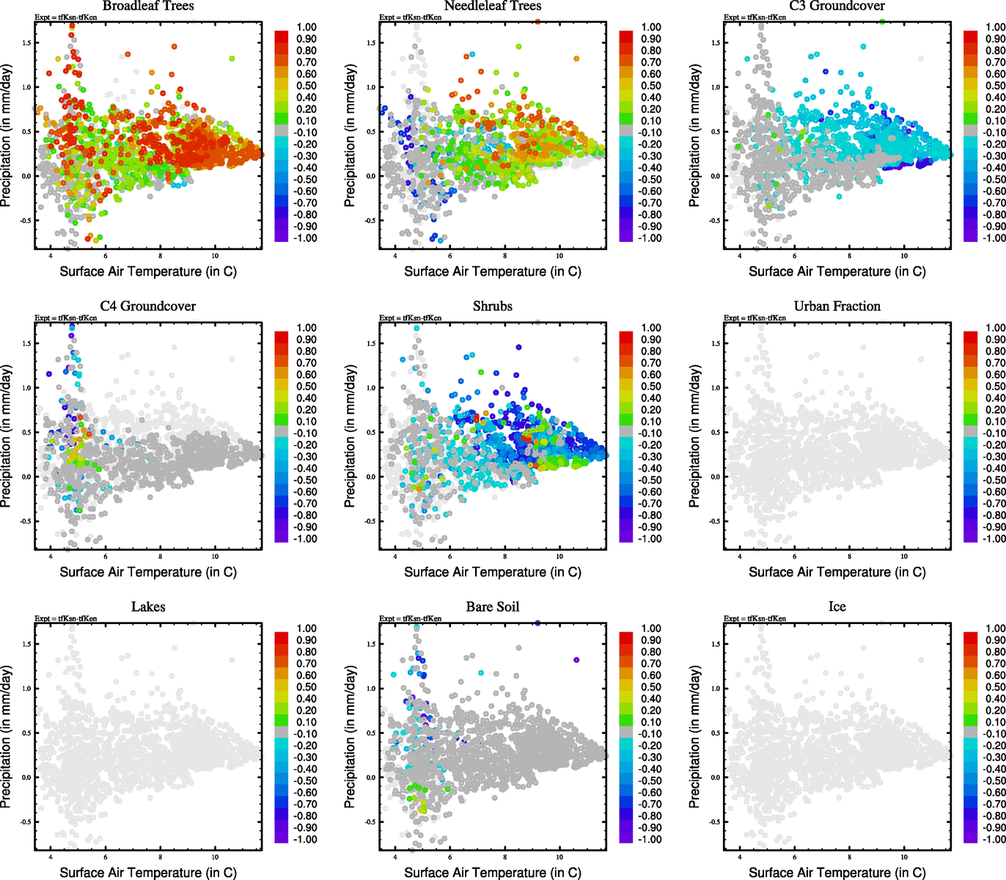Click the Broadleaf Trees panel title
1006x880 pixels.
(x=148, y=6)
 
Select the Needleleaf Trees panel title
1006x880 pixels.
(x=493, y=6)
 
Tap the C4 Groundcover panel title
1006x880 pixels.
(x=148, y=307)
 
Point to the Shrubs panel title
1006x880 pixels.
(x=493, y=307)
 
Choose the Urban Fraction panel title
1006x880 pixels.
(x=837, y=307)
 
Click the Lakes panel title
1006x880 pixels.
(x=148, y=607)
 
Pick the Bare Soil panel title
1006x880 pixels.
(x=493, y=607)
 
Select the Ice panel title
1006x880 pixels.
(x=837, y=607)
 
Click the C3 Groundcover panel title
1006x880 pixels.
(x=837, y=6)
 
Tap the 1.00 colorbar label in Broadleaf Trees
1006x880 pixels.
(x=306, y=27)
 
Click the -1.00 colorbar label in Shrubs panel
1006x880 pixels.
(x=650, y=539)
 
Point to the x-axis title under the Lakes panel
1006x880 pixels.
(x=148, y=873)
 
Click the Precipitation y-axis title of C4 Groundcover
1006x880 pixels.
(x=7, y=436)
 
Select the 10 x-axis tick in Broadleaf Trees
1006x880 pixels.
(x=215, y=256)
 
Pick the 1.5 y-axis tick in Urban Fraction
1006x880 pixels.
(x=716, y=343)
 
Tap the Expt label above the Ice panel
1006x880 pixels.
(x=755, y=618)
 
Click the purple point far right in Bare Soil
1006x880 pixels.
(x=576, y=660)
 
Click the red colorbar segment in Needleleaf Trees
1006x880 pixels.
(x=626, y=36)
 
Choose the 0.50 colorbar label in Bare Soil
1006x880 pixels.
(x=651, y=687)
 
